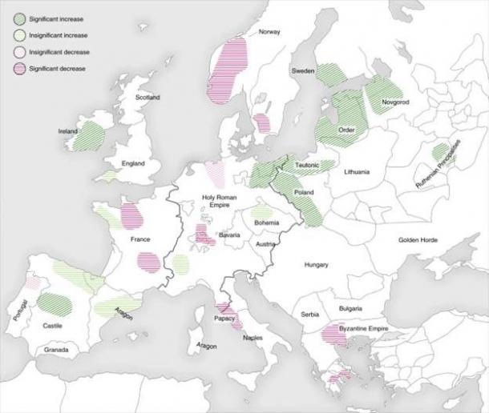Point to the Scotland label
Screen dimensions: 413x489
click(x=148, y=98)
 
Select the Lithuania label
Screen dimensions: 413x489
click(x=356, y=172)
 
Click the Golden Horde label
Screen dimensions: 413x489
click(x=420, y=240)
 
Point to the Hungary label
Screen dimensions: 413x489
click(x=317, y=264)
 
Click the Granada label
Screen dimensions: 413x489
click(x=56, y=350)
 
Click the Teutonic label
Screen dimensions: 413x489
click(x=307, y=165)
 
